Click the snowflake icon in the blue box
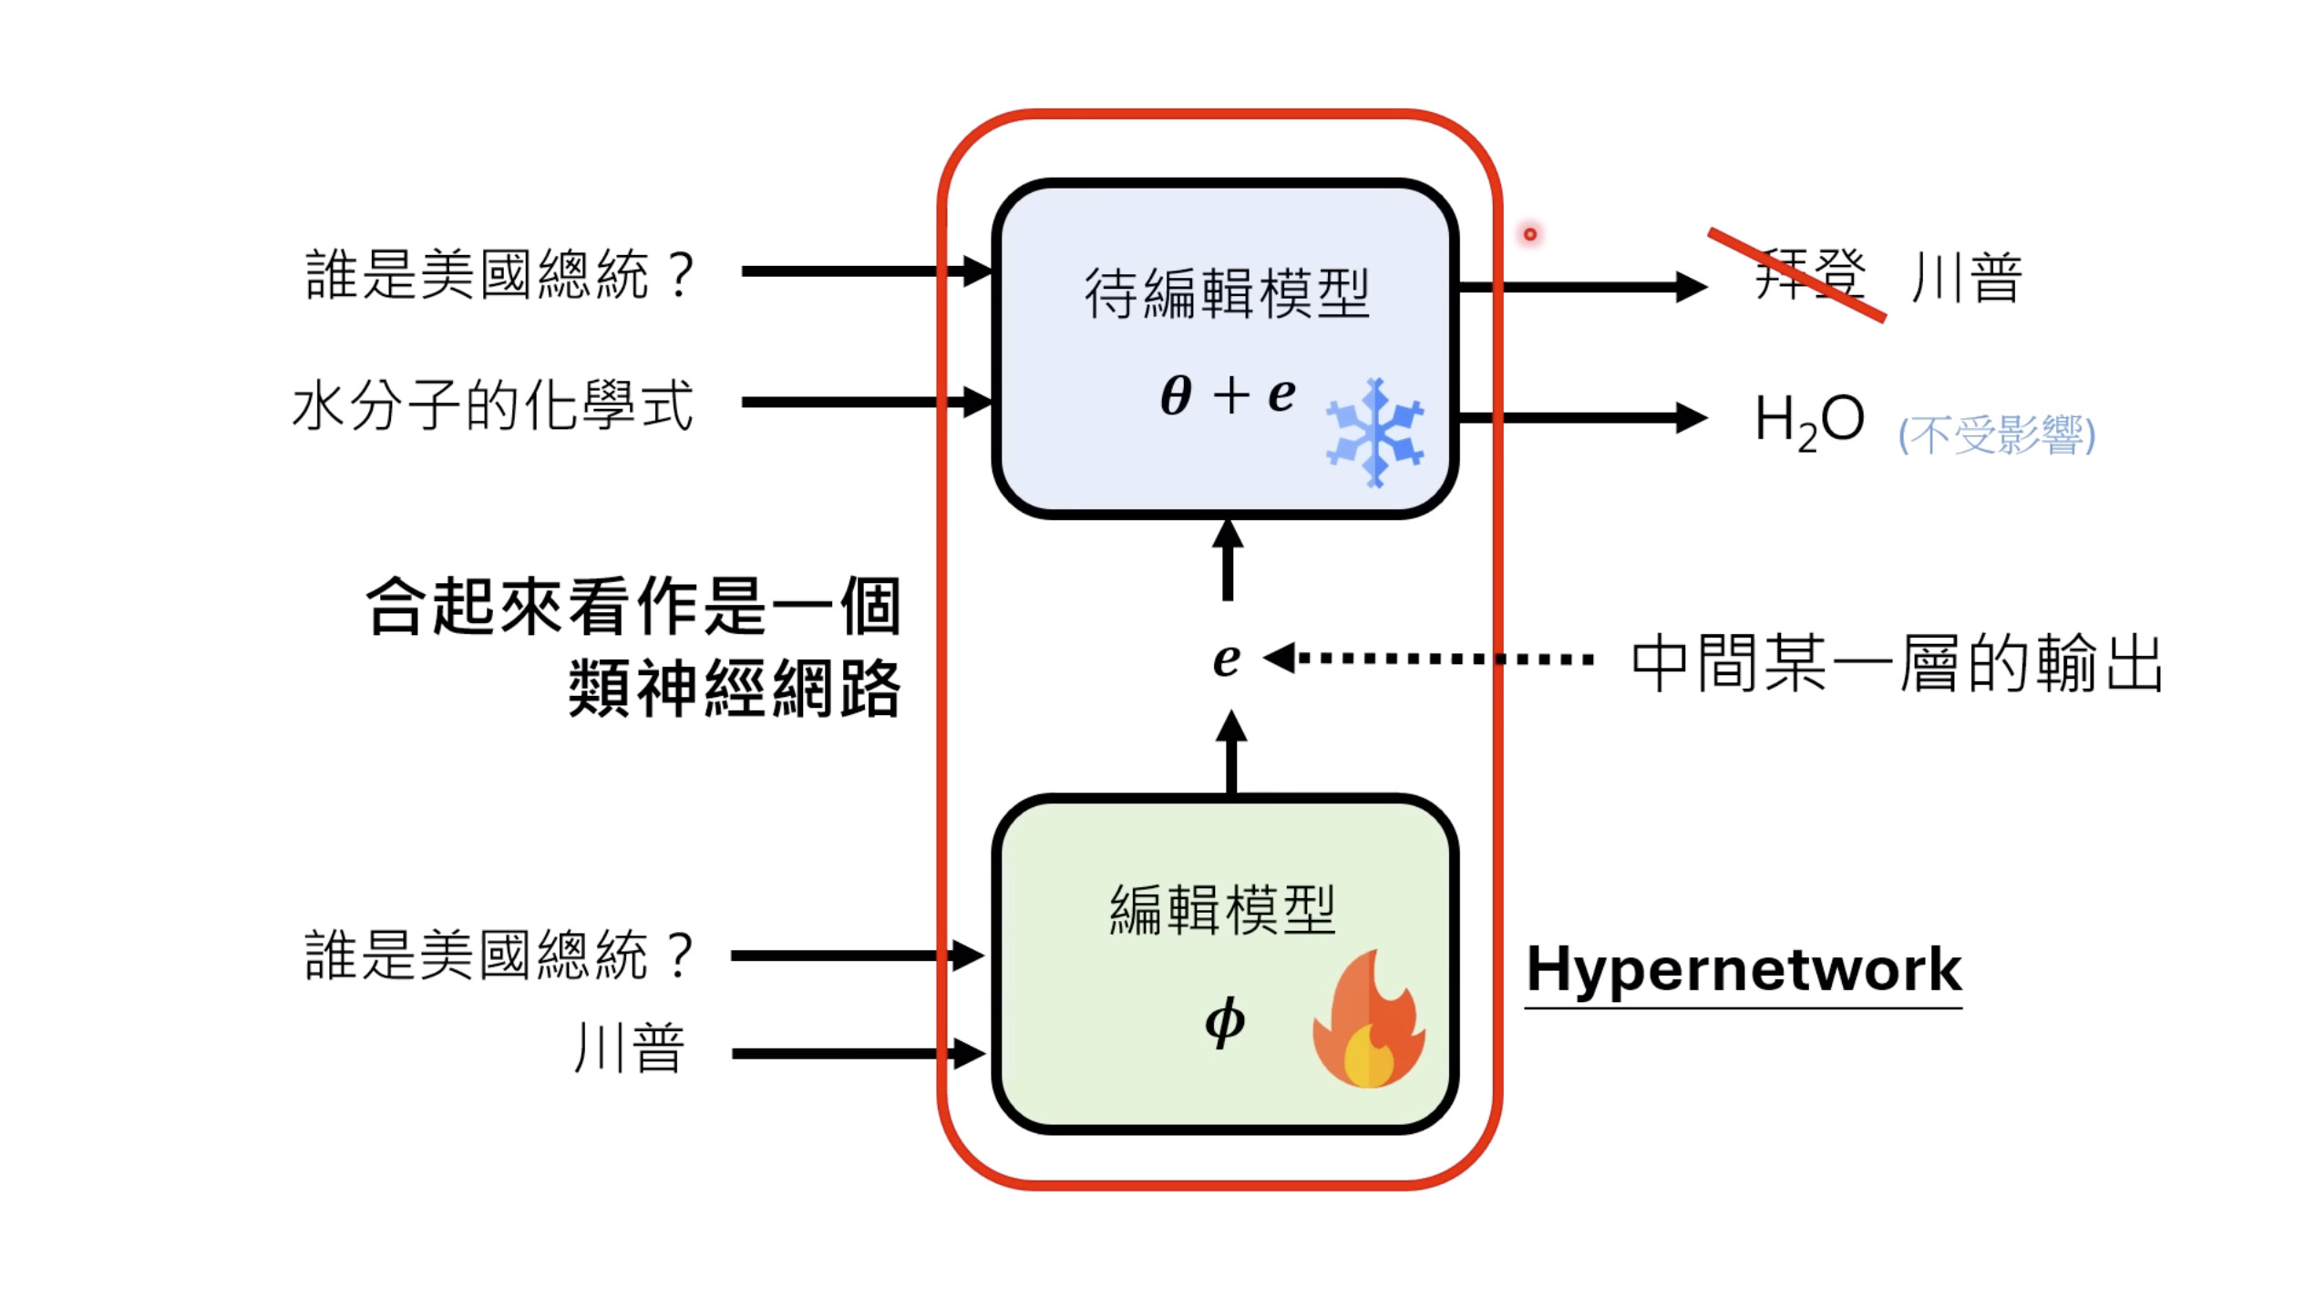[1374, 433]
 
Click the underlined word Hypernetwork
[1743, 969]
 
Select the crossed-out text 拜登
[1809, 275]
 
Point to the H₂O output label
[1809, 422]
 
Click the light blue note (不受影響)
[1996, 435]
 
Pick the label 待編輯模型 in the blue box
[1226, 293]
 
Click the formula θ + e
[1227, 395]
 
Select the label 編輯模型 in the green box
[1222, 909]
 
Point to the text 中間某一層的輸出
[1896, 663]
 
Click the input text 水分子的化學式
[492, 405]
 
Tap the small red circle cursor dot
[1529, 234]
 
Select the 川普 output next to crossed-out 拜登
[1966, 277]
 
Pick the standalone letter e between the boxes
[1227, 659]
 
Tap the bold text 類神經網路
[734, 689]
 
